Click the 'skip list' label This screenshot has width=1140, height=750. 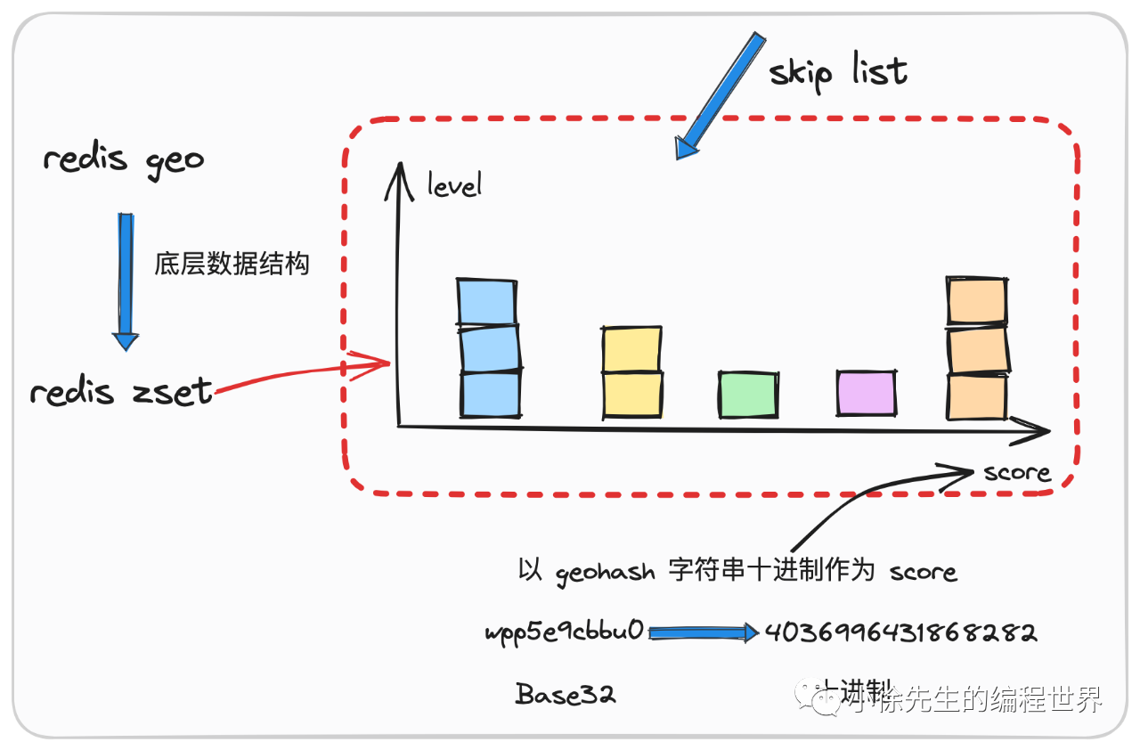(x=838, y=71)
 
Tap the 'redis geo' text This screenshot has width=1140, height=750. (x=124, y=160)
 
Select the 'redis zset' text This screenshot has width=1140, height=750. (x=121, y=392)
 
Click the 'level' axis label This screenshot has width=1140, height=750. (x=454, y=184)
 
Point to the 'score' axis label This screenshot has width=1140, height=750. (x=1016, y=472)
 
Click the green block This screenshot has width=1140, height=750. (x=748, y=395)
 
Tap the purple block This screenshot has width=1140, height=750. (x=866, y=394)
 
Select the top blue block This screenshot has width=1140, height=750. (x=486, y=302)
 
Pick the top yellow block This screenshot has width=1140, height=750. (x=631, y=349)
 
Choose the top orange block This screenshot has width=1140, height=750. (x=977, y=301)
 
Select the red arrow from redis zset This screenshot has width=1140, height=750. (x=303, y=375)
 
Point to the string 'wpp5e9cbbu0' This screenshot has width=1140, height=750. (x=564, y=633)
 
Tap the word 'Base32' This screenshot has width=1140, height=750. (x=566, y=695)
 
